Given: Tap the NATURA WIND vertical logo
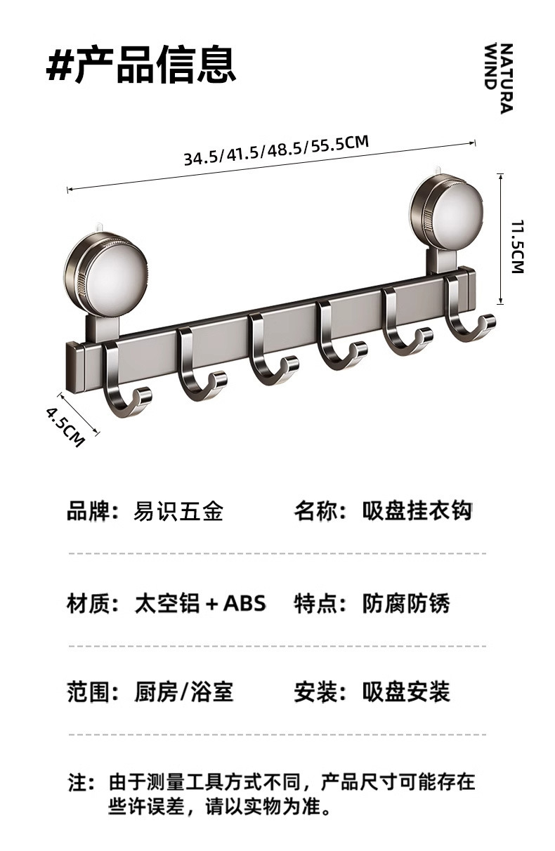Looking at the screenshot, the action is (499, 77).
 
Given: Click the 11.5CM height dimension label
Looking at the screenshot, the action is (518, 246).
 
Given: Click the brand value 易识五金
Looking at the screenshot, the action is (178, 511).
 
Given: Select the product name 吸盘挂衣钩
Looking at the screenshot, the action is (417, 511).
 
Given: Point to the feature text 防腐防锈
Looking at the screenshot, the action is (406, 602).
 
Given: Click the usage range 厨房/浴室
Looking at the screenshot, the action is (183, 692).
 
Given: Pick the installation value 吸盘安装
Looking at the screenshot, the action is (406, 692).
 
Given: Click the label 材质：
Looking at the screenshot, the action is (93, 602).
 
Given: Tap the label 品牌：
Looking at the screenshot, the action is (93, 511).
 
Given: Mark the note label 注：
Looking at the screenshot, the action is (81, 782).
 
